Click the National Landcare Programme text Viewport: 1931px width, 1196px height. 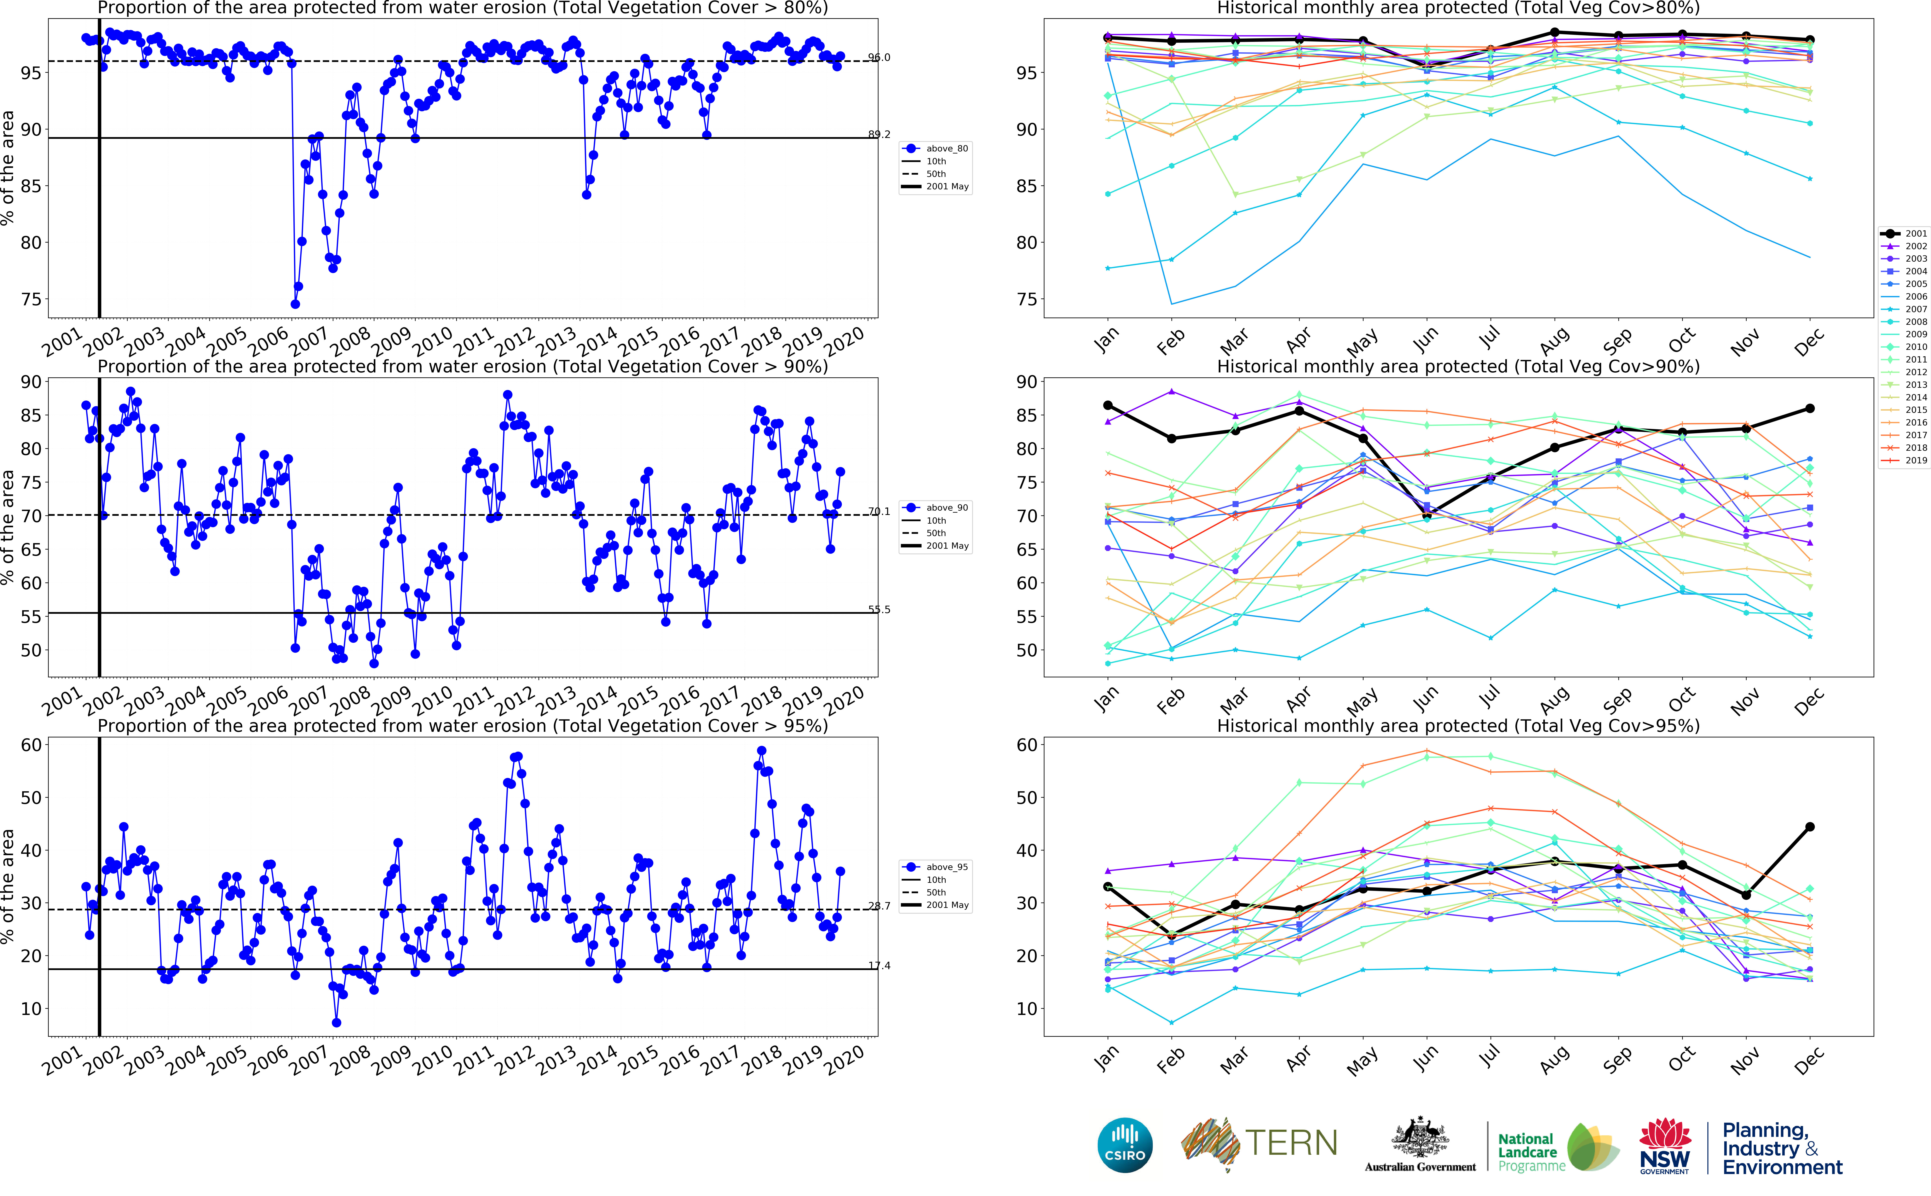(1531, 1152)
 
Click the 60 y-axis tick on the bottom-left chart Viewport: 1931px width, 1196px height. (32, 745)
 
